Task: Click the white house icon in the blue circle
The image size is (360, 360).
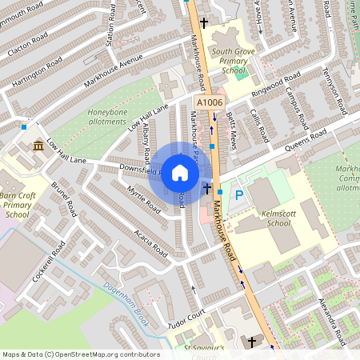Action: tap(180, 173)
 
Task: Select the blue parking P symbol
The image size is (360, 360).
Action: tap(237, 194)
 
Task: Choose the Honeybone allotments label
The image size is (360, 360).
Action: tap(107, 118)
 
